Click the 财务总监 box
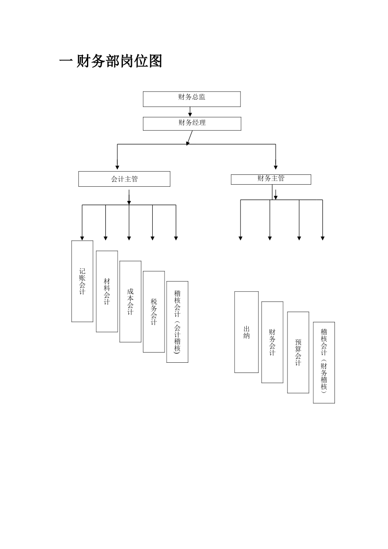pyautogui.click(x=192, y=99)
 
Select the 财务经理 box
pyautogui.click(x=192, y=124)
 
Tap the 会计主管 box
pyautogui.click(x=124, y=179)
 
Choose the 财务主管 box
pyautogui.click(x=271, y=179)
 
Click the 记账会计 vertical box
pyautogui.click(x=82, y=281)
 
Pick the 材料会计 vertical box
pyautogui.click(x=107, y=291)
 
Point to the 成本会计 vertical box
pyautogui.click(x=130, y=301)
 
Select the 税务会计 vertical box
pyautogui.click(x=154, y=311)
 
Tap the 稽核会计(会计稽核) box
pyautogui.click(x=177, y=321)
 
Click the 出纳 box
pyautogui.click(x=246, y=332)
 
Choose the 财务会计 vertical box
pyautogui.click(x=272, y=342)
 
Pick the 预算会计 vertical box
pyautogui.click(x=298, y=352)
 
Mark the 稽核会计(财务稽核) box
pyautogui.click(x=324, y=362)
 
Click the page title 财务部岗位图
pyautogui.click(x=119, y=61)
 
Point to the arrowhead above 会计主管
pyautogui.click(x=117, y=167)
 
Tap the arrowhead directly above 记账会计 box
pyautogui.click(x=82, y=238)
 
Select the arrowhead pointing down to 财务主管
pyautogui.click(x=276, y=167)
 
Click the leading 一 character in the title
pyautogui.click(x=66, y=61)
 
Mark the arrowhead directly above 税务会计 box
pyautogui.click(x=153, y=238)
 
